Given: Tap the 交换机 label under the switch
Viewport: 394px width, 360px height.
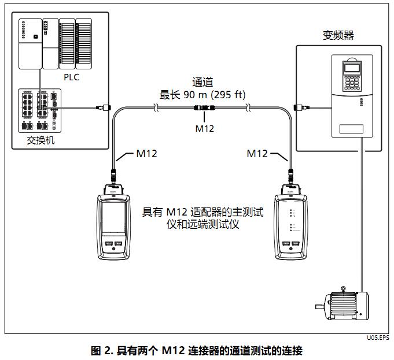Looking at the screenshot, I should (41, 140).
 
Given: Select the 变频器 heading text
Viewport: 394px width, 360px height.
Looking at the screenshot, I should (338, 35).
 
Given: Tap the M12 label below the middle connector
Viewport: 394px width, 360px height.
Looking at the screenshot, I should (204, 128).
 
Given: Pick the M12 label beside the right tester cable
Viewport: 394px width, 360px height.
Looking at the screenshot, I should (257, 153).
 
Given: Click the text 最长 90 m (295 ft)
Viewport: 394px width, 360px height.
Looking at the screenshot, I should (202, 95).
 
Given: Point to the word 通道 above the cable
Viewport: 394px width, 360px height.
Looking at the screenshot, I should (202, 83).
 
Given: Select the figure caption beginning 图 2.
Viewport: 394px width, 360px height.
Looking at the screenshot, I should (197, 350).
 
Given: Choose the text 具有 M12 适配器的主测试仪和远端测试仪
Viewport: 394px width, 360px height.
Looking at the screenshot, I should (202, 218).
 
